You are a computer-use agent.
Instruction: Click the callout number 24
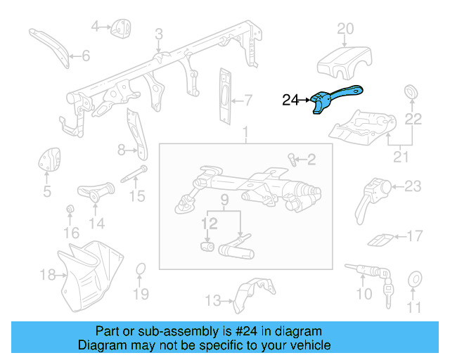pyautogui.click(x=291, y=101)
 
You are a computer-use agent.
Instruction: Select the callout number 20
pyautogui.click(x=345, y=29)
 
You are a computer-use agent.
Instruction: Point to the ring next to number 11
pyautogui.click(x=414, y=280)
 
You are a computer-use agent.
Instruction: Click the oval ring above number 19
pyautogui.click(x=141, y=270)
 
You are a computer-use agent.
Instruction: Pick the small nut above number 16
pyautogui.click(x=70, y=211)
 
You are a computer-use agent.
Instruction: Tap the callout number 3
pyautogui.click(x=159, y=33)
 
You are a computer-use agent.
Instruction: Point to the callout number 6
pyautogui.click(x=86, y=56)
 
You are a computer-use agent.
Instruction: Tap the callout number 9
pyautogui.click(x=225, y=200)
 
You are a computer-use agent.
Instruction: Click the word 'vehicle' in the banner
pyautogui.click(x=306, y=345)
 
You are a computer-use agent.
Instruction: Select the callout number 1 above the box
pyautogui.click(x=245, y=134)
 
